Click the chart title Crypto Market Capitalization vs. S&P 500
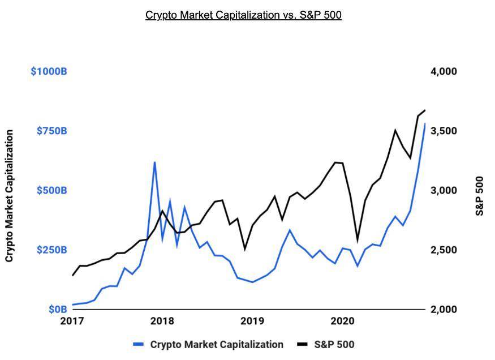[243, 15]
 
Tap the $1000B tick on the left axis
[49, 71]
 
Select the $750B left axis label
[51, 131]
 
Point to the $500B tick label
[51, 190]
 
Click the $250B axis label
[51, 250]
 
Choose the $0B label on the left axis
[57, 310]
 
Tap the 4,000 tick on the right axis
[444, 71]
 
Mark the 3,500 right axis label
[444, 131]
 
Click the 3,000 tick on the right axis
[444, 190]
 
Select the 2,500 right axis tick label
[444, 250]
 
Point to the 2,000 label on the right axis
[444, 310]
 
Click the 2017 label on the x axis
[72, 321]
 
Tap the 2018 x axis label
[162, 321]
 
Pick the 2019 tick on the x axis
[252, 321]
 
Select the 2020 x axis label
[342, 321]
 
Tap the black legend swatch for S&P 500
[303, 344]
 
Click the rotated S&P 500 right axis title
[480, 196]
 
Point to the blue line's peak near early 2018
[154, 162]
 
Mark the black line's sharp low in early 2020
[357, 241]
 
